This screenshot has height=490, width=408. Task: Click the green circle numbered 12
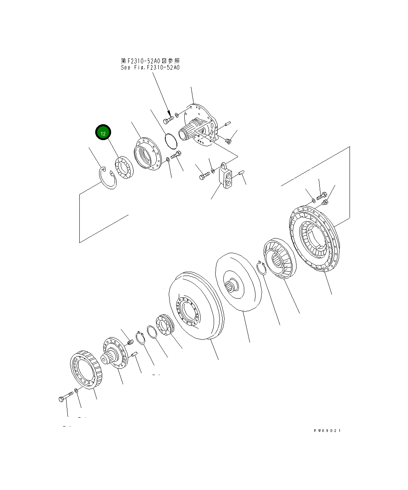click(x=103, y=134)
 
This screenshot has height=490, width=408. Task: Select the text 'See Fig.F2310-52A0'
click(x=150, y=67)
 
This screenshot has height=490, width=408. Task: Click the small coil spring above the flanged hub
click(x=130, y=342)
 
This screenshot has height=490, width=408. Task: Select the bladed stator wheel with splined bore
click(x=279, y=259)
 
